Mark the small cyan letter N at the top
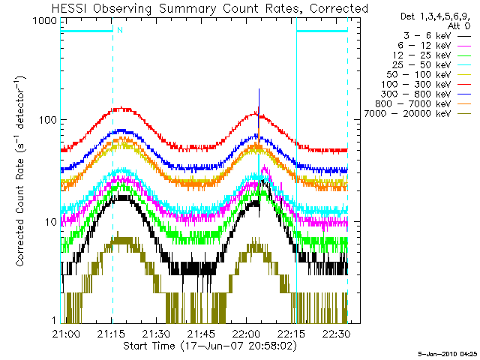click(x=118, y=31)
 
